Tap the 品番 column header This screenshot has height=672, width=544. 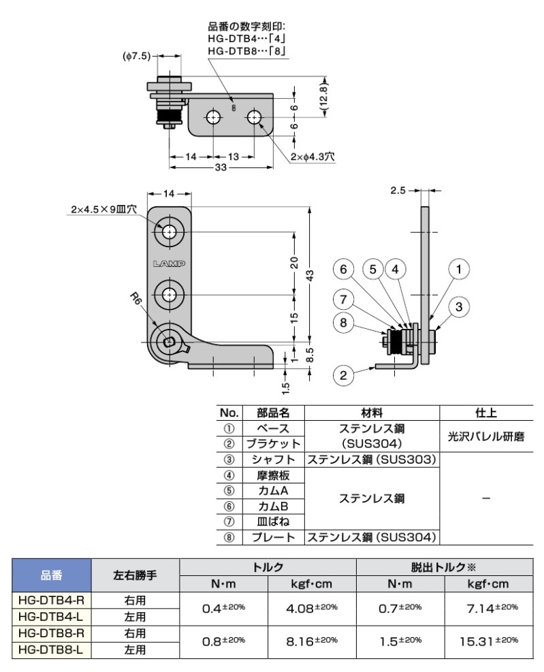pos(52,575)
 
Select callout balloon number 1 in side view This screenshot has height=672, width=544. pos(459,270)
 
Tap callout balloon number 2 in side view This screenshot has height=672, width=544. pos(345,374)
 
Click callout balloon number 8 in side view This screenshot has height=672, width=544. pos(345,323)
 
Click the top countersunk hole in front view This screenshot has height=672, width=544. pos(169,232)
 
